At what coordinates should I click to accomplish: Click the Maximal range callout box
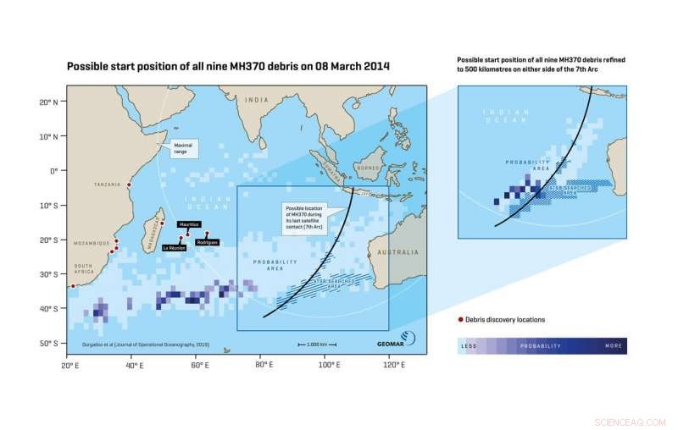183,149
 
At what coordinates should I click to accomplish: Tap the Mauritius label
189,224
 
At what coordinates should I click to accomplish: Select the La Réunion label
174,247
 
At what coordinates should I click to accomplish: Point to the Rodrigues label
208,242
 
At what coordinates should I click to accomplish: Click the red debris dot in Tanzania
129,185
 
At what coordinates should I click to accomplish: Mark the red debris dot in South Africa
73,286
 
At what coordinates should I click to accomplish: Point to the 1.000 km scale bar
317,345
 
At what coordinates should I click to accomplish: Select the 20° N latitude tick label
47,102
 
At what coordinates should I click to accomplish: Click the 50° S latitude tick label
47,343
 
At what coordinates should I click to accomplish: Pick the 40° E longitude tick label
132,365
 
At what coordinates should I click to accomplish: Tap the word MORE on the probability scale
614,346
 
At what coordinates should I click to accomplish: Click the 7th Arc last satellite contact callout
306,217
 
